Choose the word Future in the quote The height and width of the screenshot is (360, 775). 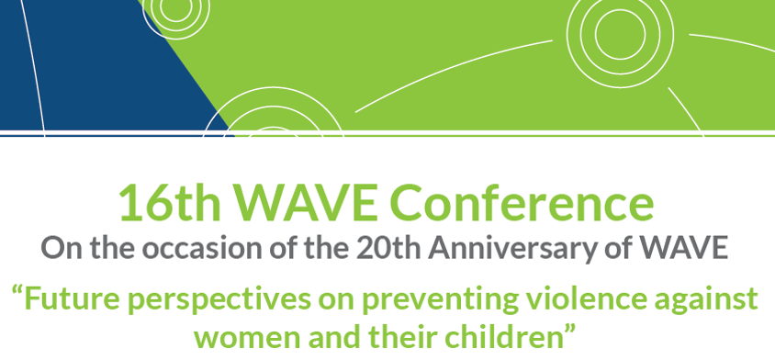72,298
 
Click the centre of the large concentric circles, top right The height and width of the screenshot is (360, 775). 620,34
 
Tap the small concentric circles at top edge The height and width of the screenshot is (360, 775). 175,9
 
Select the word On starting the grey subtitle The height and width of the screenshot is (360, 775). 56,248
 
